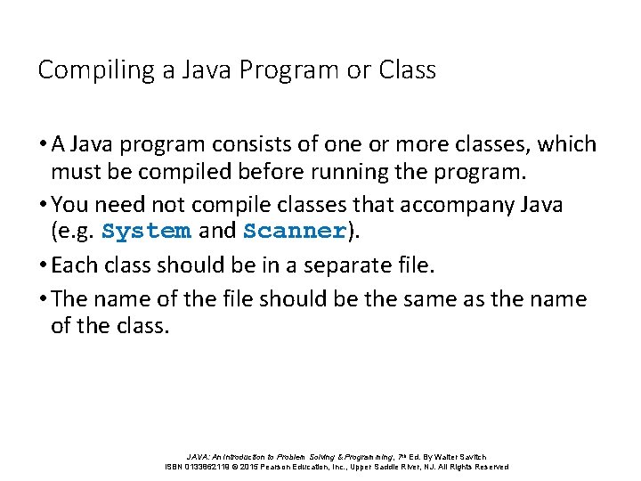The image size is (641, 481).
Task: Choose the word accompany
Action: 455,205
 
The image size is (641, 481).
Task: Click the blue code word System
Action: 146,232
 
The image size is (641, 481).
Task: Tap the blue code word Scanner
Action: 294,232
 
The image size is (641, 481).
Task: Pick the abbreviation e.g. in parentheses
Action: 76,232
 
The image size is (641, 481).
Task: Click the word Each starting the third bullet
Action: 72,265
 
